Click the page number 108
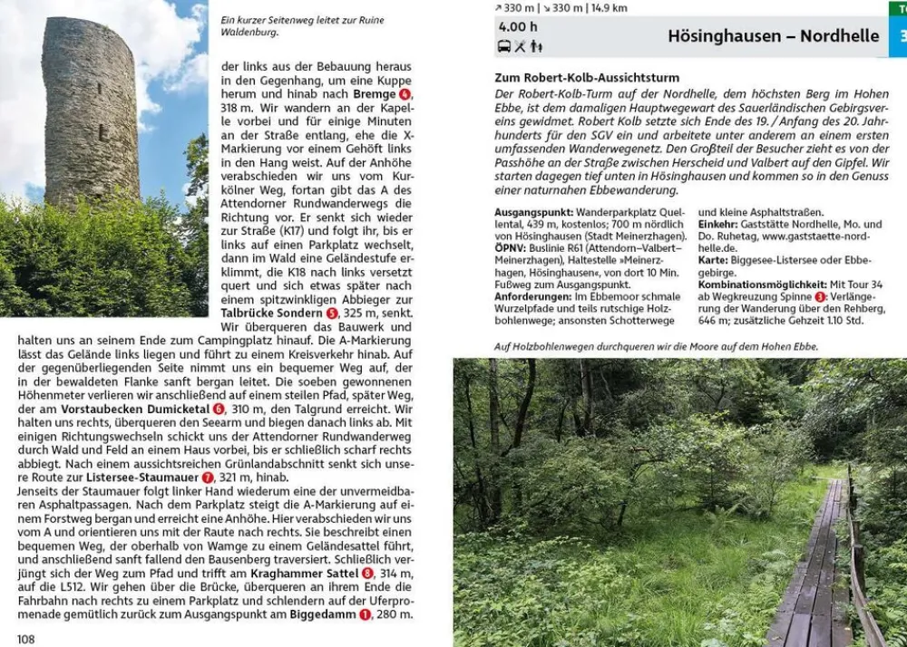point(25,639)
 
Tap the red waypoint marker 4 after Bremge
point(405,94)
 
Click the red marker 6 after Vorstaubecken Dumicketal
point(219,410)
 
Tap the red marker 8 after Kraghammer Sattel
point(367,574)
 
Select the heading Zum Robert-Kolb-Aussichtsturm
point(587,78)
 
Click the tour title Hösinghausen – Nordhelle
point(773,36)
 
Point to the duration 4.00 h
point(518,27)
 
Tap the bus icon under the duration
point(504,46)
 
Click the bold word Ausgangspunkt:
point(534,213)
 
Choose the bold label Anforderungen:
point(533,296)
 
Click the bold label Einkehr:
point(717,225)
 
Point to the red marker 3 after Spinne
point(820,296)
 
